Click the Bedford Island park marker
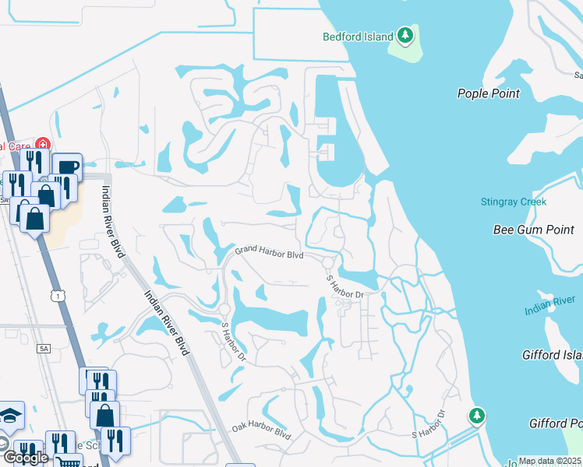[x=405, y=35]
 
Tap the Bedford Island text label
[x=359, y=36]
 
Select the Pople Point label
[x=488, y=93]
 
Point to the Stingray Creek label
[x=513, y=202]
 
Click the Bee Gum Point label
[x=532, y=230]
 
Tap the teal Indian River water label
[x=549, y=305]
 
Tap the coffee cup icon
[x=67, y=167]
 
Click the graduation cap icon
[x=11, y=415]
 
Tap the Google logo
[x=25, y=457]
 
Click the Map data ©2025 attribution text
[x=550, y=461]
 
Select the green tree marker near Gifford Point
[x=476, y=416]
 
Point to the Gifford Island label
[x=552, y=355]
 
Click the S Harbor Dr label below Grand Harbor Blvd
[x=345, y=286]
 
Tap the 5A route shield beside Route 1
[x=42, y=349]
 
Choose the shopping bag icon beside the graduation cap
[x=104, y=415]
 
